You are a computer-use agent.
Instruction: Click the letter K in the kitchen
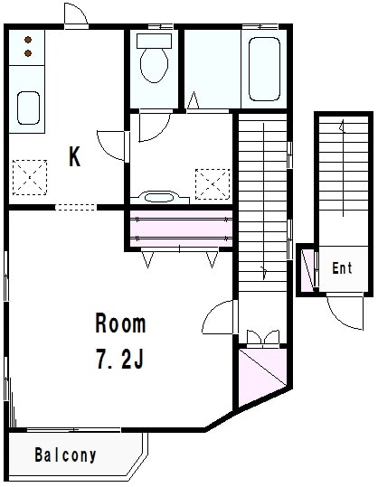(74, 156)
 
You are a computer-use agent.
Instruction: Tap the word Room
(120, 323)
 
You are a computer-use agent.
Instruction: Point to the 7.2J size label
(120, 359)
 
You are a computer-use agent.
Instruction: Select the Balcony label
(65, 455)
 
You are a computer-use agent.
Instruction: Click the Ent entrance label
(342, 268)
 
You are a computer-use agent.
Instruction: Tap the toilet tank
(154, 41)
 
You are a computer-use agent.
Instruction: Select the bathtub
(264, 69)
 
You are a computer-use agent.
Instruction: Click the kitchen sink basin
(28, 108)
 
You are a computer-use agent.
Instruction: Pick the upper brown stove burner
(28, 40)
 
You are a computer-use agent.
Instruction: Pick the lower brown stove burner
(28, 53)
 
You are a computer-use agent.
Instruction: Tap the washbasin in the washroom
(159, 198)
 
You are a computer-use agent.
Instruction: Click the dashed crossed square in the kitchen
(30, 177)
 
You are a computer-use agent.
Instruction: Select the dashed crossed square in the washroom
(213, 184)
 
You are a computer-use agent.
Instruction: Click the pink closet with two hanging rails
(181, 229)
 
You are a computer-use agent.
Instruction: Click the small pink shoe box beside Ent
(307, 269)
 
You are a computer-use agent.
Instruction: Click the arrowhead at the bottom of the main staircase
(264, 272)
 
